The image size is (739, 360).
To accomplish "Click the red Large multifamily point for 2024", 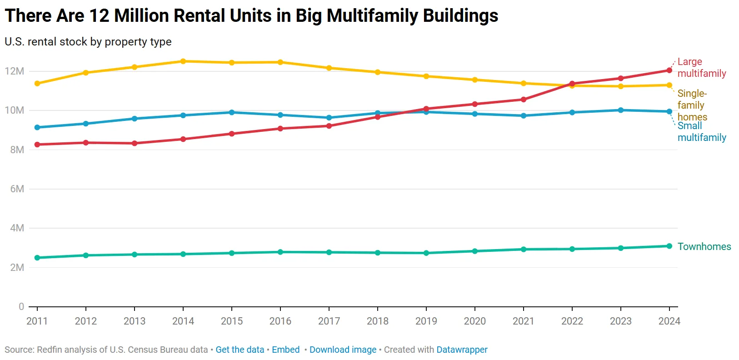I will tap(669, 70).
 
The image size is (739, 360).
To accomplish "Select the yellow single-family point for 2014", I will tap(183, 61).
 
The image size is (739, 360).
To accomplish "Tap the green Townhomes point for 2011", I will tap(37, 258).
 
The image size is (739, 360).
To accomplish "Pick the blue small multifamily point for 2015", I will tap(232, 112).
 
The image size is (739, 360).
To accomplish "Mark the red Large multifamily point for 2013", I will tap(135, 143).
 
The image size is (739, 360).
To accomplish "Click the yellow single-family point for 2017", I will tap(329, 68).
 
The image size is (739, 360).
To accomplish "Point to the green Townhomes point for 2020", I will tap(475, 251).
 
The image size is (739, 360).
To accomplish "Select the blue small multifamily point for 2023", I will tap(621, 110).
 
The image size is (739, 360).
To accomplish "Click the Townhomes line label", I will tap(704, 246).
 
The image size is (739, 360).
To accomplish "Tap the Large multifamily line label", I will tap(701, 67).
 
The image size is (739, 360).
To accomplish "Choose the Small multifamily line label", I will tap(701, 132).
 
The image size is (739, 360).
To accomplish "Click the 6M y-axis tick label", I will tap(17, 189).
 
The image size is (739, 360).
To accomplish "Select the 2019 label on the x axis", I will tap(426, 321).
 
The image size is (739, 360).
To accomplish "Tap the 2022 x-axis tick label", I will tap(572, 321).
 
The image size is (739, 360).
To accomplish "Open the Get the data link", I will tap(240, 350).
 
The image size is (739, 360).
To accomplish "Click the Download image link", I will tap(343, 350).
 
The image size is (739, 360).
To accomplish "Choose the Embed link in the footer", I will tap(285, 350).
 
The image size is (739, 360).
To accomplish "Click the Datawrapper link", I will tap(462, 350).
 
